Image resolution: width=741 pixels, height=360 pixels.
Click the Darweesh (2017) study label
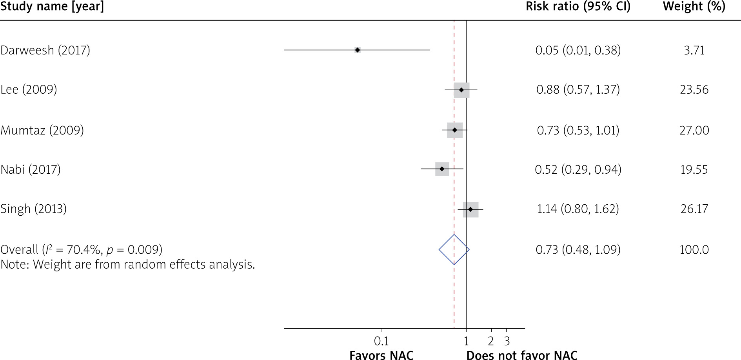click(x=45, y=50)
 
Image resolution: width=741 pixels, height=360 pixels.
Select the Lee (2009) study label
click(x=29, y=89)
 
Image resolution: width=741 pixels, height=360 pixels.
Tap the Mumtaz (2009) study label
click(x=42, y=130)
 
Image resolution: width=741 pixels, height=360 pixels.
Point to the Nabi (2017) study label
click(x=31, y=169)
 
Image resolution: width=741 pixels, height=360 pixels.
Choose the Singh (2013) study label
click(x=33, y=209)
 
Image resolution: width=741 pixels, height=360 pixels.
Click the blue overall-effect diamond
click(x=454, y=249)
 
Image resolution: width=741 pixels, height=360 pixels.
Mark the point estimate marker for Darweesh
click(x=357, y=50)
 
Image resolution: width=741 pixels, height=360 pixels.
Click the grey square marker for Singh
click(x=470, y=209)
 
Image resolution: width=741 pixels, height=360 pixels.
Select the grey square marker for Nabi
click(x=442, y=169)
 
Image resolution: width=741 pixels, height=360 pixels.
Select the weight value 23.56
click(x=694, y=89)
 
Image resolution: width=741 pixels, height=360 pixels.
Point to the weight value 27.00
click(x=694, y=130)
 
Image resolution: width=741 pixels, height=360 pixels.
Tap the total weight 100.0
click(x=694, y=249)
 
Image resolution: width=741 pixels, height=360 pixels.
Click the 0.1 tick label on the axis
click(x=381, y=341)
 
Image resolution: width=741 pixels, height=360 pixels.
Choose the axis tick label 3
click(x=507, y=341)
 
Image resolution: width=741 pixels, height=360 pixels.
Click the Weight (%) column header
click(x=694, y=7)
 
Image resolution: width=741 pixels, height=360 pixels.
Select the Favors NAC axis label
click(x=381, y=355)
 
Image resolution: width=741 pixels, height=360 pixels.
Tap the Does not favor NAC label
click(x=521, y=355)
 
